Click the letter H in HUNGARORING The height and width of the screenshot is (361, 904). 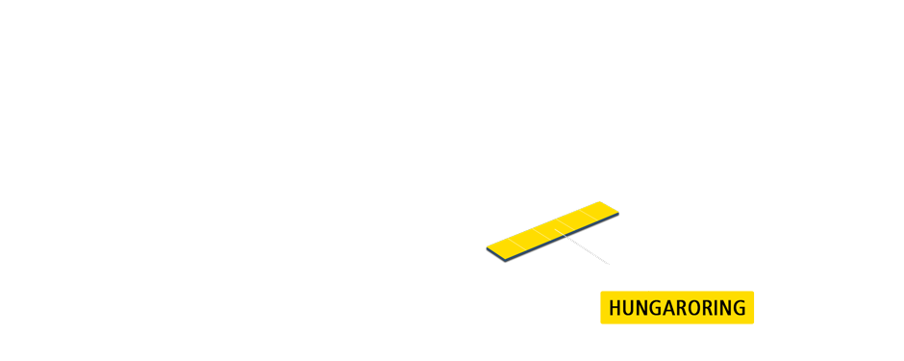[x=615, y=308]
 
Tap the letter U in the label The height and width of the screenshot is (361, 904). [x=629, y=308]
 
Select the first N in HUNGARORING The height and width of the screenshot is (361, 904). [x=642, y=308]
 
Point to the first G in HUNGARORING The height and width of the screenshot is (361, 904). [x=656, y=308]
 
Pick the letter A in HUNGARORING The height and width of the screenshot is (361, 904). [x=669, y=308]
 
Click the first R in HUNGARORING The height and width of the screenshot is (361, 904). [x=682, y=308]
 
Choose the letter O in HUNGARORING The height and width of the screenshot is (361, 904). [x=695, y=308]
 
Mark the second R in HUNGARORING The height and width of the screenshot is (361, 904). [x=709, y=308]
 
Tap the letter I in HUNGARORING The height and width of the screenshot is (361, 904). [x=717, y=308]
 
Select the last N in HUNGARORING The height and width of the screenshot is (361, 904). [x=726, y=308]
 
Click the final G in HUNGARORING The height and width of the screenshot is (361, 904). [x=740, y=308]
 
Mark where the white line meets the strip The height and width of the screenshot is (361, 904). [x=564, y=234]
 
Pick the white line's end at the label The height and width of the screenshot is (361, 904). [x=648, y=290]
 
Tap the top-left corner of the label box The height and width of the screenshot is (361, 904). [x=602, y=292]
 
